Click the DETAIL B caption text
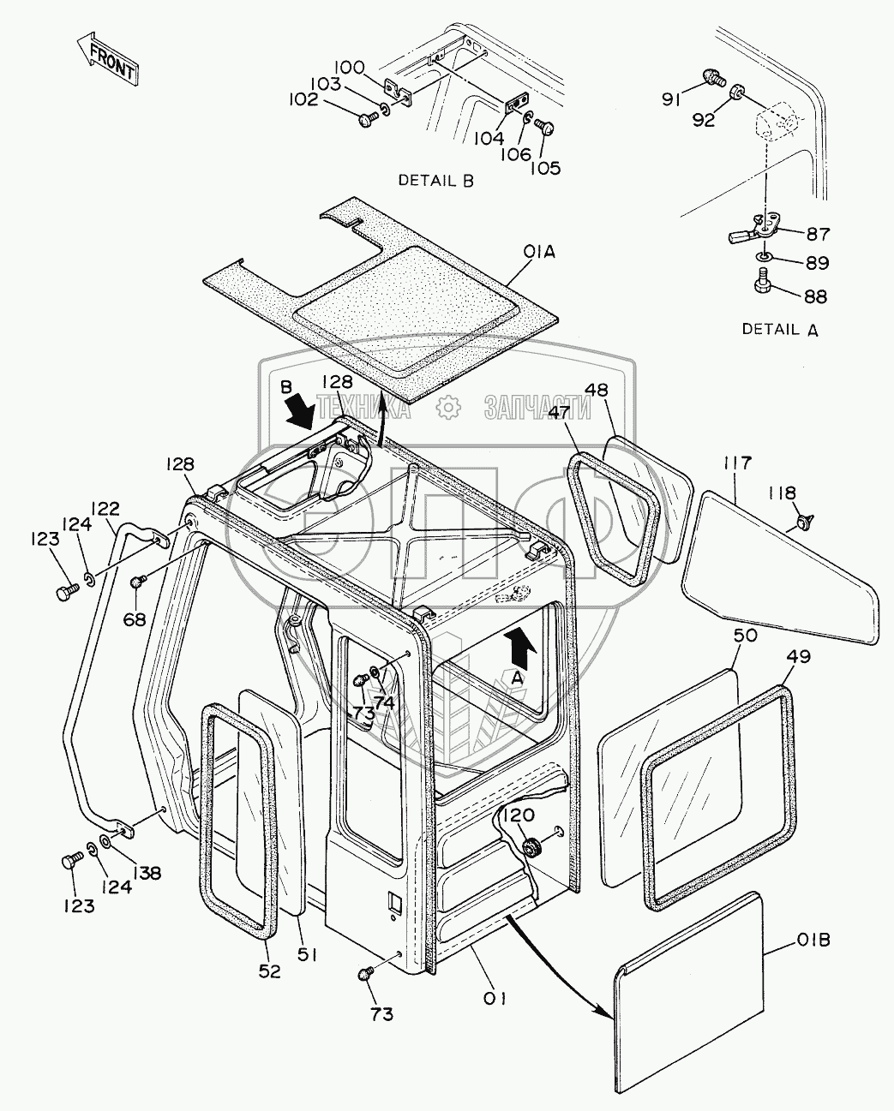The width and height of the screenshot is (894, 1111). coord(435,181)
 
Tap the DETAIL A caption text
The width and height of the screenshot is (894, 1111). coord(779,329)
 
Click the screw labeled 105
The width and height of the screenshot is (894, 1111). coord(544,127)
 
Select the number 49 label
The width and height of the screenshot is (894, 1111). coord(798,657)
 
